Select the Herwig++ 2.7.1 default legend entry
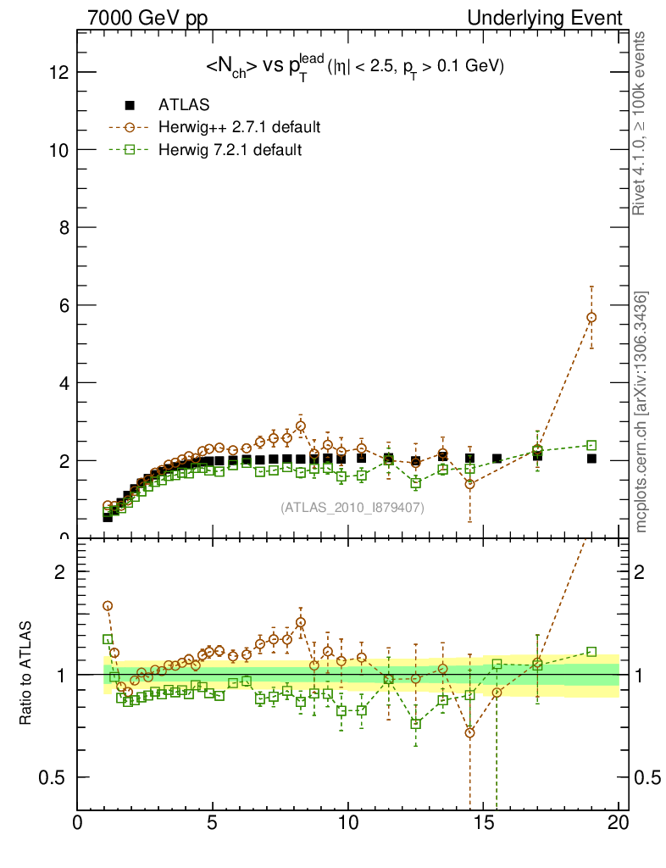tap(239, 128)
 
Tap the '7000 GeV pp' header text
tap(148, 18)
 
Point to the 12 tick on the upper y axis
tap(58, 72)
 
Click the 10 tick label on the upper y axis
tap(58, 150)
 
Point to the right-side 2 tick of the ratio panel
tap(647, 571)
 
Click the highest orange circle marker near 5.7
tap(591, 317)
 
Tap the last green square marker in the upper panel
tap(591, 445)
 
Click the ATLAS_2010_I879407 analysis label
tap(352, 507)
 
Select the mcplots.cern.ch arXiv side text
tap(642, 412)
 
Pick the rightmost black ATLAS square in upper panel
tap(591, 459)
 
